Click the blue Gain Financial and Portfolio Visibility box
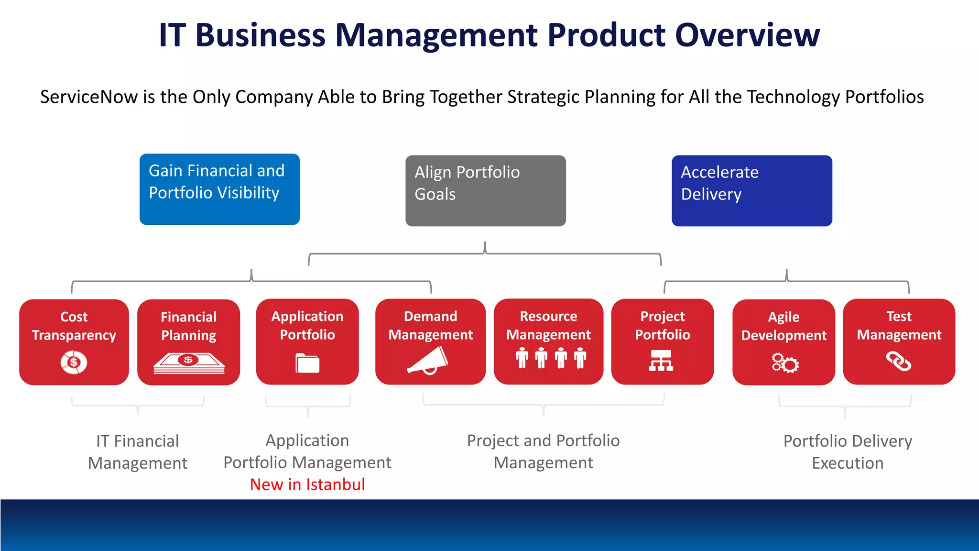pos(219,189)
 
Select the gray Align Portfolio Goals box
pos(485,190)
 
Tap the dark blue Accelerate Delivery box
pos(751,190)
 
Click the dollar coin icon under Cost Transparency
pos(74,362)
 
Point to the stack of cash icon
pos(189,364)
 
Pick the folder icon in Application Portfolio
pos(307,363)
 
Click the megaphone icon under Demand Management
pos(428,361)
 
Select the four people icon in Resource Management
pos(551,358)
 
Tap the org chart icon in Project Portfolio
pos(661,361)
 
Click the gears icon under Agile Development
pos(784,363)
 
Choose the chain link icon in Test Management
pos(898,361)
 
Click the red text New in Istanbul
pos(307,485)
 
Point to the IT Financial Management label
pos(138,452)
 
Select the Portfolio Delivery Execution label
pos(847,452)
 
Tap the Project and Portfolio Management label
pos(543,451)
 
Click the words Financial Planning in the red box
pos(188,326)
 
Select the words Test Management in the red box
pos(899,325)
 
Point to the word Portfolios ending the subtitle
pos(884,97)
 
